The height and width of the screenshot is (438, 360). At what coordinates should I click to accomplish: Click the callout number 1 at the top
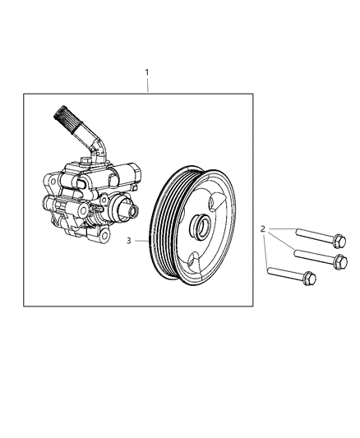pos(146,72)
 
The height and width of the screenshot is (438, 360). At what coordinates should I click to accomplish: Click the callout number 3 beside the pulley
pos(129,242)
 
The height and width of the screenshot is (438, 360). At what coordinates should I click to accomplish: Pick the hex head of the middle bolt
pos(336,261)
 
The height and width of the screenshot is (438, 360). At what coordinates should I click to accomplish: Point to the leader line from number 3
pos(140,241)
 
